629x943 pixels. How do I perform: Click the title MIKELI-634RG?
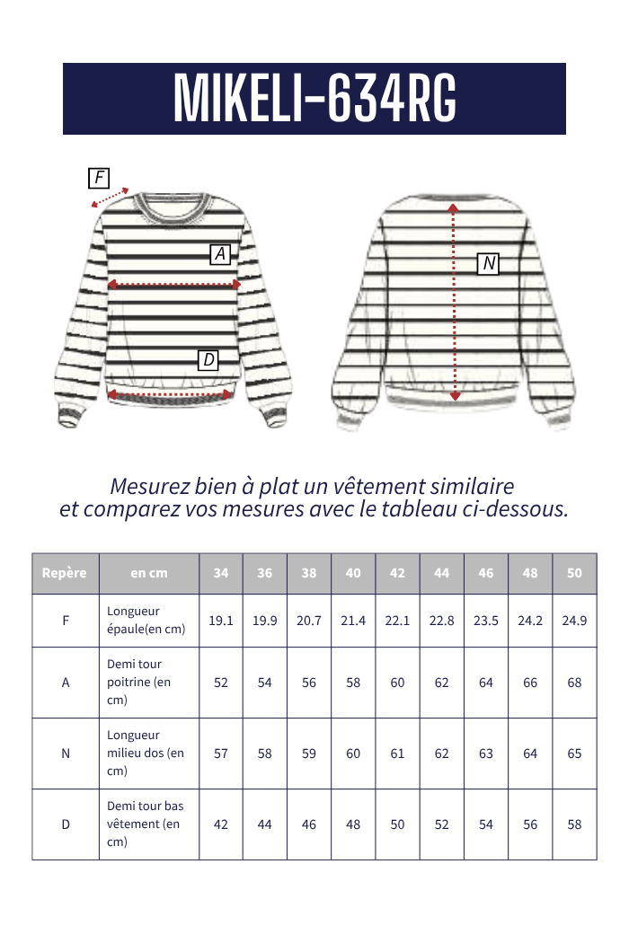pos(314,98)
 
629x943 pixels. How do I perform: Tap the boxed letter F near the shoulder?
pos(99,178)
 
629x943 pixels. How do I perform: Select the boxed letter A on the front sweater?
pos(220,254)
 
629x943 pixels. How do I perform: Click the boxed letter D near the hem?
pos(208,360)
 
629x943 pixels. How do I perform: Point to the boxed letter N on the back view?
pos(488,263)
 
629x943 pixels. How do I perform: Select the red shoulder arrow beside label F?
pos(111,198)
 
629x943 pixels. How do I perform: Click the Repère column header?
pos(65,573)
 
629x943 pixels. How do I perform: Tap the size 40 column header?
pos(353,573)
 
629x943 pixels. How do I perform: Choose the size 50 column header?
pos(574,573)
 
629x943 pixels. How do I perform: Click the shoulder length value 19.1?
pos(221,621)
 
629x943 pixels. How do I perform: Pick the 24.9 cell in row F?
pos(574,621)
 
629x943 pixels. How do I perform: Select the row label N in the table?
pos(66,754)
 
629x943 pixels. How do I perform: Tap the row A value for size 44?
pos(441,683)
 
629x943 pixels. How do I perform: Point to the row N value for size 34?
pos(221,754)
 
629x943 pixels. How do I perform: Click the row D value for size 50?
pos(574,824)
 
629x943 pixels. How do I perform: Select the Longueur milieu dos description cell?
pos(145,754)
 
